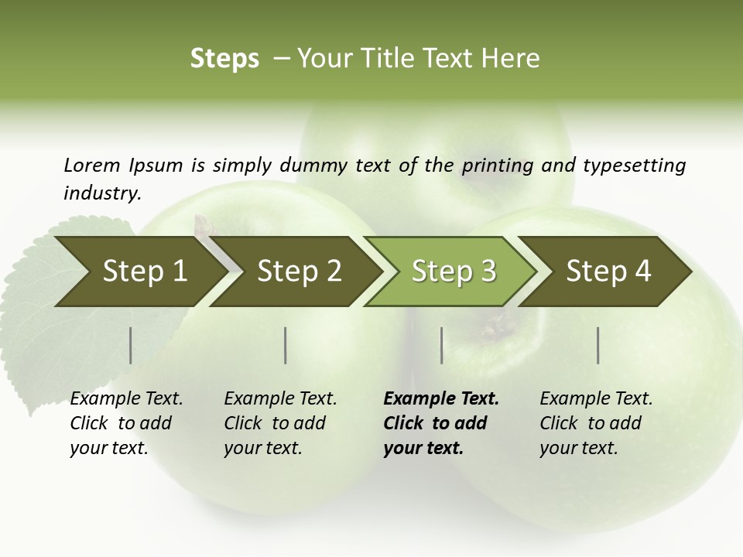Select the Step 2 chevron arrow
299,272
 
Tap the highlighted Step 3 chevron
454,272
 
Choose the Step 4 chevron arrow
608,272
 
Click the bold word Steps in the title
224,59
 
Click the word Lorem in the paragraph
91,166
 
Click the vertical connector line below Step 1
131,345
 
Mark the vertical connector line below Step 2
286,345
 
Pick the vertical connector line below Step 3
442,345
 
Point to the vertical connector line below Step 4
598,345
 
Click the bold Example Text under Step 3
441,399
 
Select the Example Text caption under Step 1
126,399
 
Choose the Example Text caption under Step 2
280,399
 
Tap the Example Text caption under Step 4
596,399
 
